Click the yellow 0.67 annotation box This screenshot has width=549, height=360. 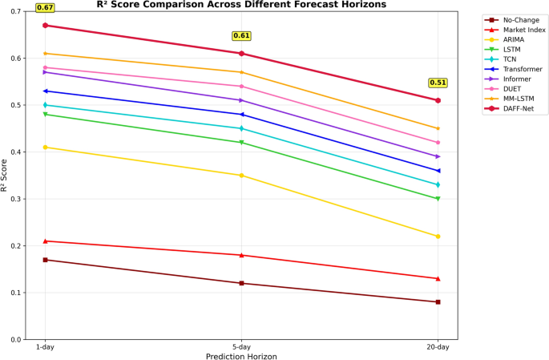45,7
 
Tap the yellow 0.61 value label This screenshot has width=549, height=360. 241,36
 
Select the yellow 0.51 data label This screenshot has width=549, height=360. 438,83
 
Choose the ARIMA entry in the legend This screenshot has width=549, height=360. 504,39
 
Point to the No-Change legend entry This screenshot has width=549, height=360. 512,20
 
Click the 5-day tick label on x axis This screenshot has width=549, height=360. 241,347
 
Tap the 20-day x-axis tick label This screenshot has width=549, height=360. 438,347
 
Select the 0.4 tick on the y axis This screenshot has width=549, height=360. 16,152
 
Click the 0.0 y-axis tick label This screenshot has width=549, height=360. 16,340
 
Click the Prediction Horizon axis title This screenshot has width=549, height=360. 241,357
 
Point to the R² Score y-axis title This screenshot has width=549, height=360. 4,176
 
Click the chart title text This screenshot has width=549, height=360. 241,5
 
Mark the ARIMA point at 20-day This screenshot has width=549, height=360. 438,237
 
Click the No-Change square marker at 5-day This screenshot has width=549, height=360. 241,283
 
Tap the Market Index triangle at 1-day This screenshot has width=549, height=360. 45,241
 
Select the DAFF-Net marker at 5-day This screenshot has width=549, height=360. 241,53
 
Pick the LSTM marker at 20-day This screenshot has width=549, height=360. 438,199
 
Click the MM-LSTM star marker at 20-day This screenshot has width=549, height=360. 438,128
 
